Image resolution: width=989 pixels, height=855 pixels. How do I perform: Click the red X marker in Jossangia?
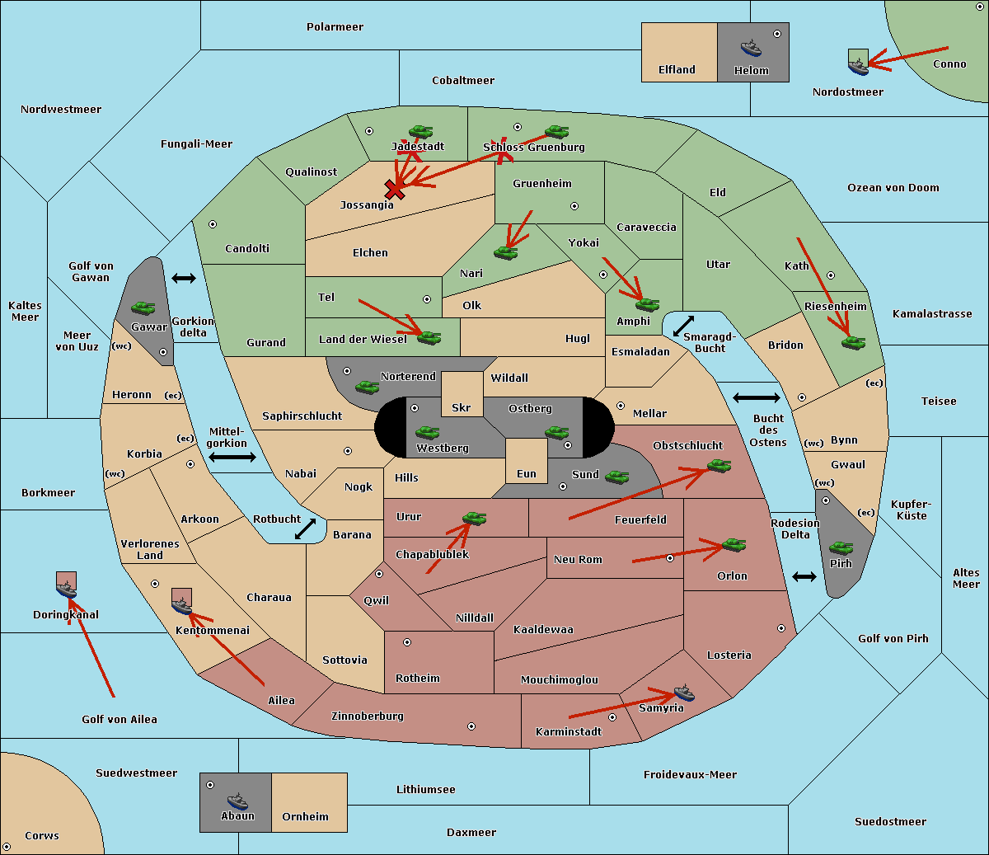click(395, 190)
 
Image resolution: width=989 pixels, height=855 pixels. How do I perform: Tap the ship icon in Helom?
click(751, 48)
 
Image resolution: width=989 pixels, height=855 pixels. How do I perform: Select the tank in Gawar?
click(143, 308)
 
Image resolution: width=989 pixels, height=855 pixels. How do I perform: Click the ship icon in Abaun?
click(237, 801)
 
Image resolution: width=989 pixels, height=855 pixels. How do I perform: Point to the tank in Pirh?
click(841, 547)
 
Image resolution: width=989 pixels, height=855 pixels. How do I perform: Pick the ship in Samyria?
click(684, 693)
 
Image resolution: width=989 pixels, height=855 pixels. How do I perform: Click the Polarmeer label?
click(335, 27)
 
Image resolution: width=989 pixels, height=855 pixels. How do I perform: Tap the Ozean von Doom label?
click(893, 188)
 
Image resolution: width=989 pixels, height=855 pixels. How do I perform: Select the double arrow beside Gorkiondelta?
click(184, 278)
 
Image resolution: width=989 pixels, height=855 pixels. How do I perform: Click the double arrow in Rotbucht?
click(305, 529)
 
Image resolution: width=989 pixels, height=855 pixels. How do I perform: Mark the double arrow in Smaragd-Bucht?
click(683, 326)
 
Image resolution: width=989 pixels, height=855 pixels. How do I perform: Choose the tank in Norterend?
click(367, 387)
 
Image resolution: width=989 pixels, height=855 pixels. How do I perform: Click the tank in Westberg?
click(427, 433)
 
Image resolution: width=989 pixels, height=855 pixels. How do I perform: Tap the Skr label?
click(461, 407)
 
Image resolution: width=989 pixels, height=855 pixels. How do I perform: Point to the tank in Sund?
click(616, 477)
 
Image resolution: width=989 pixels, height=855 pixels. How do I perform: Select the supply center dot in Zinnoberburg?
click(471, 726)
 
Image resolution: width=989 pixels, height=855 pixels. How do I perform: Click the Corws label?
click(42, 835)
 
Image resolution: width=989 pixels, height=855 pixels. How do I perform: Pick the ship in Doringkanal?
click(66, 590)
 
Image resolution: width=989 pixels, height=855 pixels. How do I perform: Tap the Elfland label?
click(677, 70)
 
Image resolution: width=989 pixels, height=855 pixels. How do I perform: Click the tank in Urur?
click(474, 519)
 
